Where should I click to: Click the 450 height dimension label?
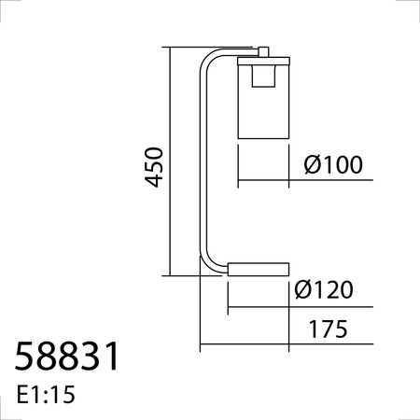point(154,167)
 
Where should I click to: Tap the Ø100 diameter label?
point(333,164)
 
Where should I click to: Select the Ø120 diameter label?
point(324,289)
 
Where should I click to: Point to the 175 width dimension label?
point(328,329)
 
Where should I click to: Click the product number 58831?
point(66,356)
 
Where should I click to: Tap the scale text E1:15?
point(46,395)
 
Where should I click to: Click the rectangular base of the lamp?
point(259,269)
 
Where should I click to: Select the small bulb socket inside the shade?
point(263,76)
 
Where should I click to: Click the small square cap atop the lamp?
point(263,52)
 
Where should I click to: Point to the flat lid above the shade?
point(263,61)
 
